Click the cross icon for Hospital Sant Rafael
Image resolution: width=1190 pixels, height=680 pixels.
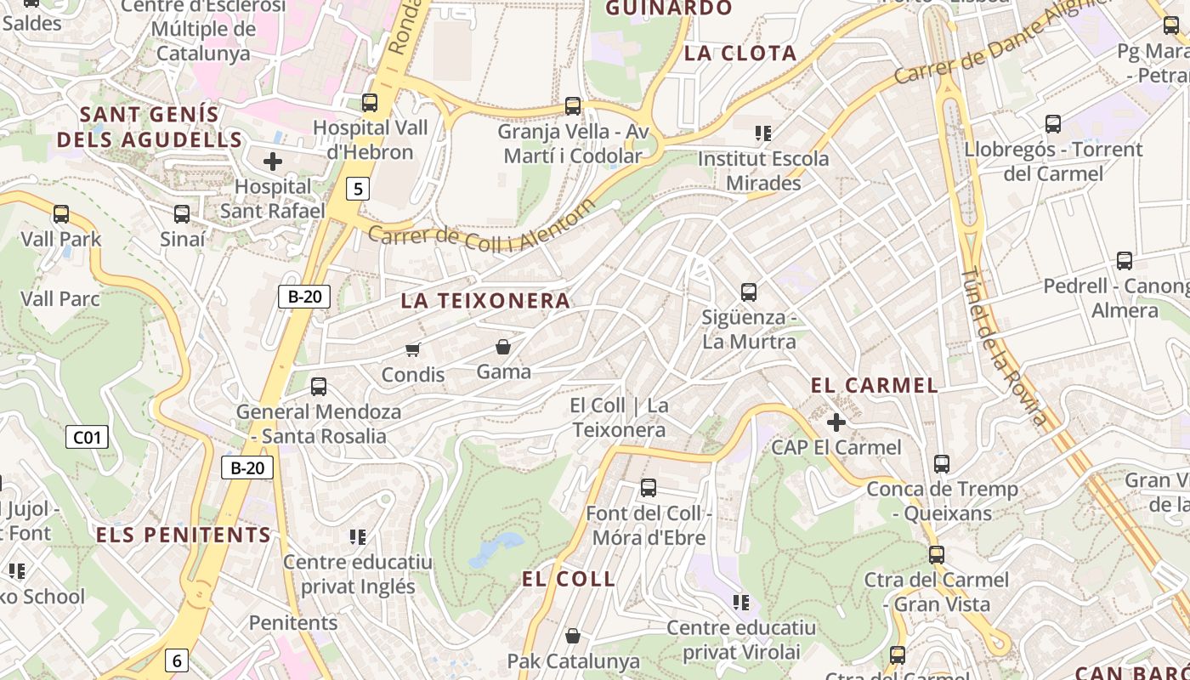coord(273,161)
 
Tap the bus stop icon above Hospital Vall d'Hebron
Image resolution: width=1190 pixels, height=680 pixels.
coord(370,103)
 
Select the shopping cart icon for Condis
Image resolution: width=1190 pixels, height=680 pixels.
coord(413,348)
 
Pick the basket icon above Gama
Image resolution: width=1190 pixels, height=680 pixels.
coord(503,346)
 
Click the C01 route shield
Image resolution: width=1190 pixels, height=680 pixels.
coord(87,438)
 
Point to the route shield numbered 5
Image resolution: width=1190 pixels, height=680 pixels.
coord(358,189)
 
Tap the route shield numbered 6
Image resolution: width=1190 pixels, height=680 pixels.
coord(176,660)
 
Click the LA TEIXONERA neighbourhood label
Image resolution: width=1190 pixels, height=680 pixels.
coord(485,301)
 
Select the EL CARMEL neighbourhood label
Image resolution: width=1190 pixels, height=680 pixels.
coord(875,385)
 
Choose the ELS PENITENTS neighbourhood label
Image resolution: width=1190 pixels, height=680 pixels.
coord(184,535)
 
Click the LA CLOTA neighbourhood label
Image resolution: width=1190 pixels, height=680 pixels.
coord(740,54)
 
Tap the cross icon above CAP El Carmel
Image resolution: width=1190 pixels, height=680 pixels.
coord(836,422)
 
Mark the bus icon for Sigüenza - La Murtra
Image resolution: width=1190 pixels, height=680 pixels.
coord(749,292)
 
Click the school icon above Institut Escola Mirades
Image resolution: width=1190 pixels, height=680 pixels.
coord(763,133)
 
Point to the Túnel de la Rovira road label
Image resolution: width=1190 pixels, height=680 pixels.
coord(1003,347)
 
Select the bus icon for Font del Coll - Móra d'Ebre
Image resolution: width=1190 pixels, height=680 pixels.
coord(649,488)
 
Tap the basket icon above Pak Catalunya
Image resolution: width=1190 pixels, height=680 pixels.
coord(573,636)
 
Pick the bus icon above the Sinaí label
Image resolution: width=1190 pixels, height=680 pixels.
coord(182,214)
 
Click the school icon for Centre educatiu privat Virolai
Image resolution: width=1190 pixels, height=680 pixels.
coord(741,603)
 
